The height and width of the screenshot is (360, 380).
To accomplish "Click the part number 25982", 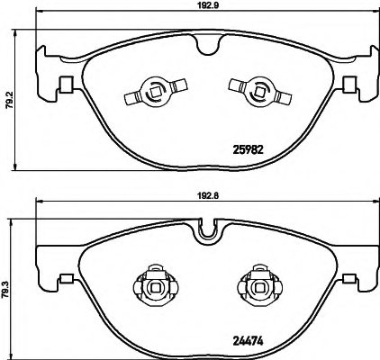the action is (x=249, y=149).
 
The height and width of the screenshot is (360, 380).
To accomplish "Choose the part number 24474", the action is (x=248, y=341).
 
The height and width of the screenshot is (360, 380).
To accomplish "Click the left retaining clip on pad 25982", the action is (x=156, y=91).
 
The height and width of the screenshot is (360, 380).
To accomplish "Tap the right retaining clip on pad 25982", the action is (x=260, y=91).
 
